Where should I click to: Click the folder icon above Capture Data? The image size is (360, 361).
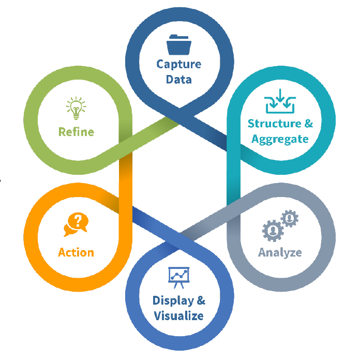(x=179, y=44)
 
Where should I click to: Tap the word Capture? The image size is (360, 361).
(x=179, y=65)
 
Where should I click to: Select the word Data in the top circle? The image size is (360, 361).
(x=179, y=79)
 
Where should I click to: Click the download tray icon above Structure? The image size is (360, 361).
(x=280, y=102)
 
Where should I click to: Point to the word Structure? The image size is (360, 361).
(x=274, y=124)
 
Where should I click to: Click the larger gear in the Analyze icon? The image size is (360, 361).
(x=272, y=230)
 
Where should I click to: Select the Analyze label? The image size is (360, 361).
(x=280, y=252)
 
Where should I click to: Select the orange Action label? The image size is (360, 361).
(x=76, y=252)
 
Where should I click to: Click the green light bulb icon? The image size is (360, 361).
(x=76, y=108)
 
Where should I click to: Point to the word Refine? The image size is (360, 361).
(x=76, y=132)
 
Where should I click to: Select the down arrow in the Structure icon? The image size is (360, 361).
(x=280, y=97)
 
